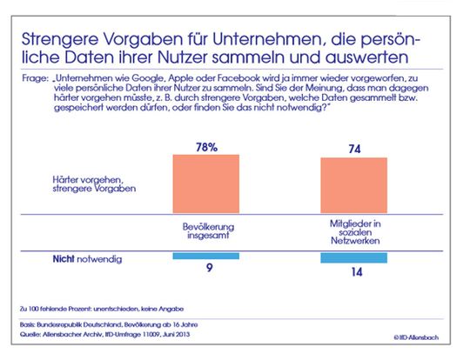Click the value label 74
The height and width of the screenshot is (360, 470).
353,149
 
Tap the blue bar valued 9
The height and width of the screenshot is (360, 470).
205,256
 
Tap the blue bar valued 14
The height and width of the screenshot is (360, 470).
353,257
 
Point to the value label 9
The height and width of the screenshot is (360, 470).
205,270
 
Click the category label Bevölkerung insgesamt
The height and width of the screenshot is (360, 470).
205,230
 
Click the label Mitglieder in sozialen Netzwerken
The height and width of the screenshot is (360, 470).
353,230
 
